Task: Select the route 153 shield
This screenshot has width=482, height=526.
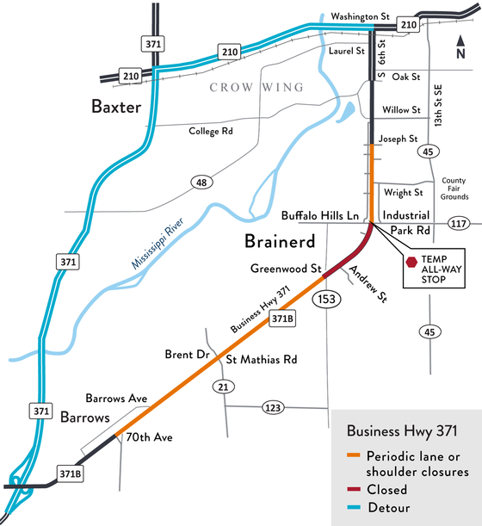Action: (328, 299)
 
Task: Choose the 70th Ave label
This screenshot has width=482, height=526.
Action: (150, 437)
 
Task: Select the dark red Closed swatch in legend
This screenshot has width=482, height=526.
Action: (353, 489)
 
